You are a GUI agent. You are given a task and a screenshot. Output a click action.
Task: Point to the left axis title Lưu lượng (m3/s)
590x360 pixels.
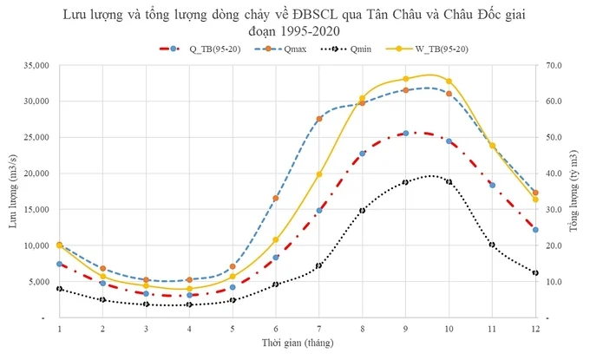pyautogui.click(x=12, y=192)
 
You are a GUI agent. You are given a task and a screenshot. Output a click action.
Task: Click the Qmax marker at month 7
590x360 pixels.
pyautogui.click(x=319, y=119)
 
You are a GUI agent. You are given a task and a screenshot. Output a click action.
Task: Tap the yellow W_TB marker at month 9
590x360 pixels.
pyautogui.click(x=406, y=79)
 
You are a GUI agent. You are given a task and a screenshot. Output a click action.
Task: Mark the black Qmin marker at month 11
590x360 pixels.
pyautogui.click(x=492, y=245)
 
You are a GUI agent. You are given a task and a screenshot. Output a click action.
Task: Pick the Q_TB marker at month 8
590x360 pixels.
pyautogui.click(x=363, y=154)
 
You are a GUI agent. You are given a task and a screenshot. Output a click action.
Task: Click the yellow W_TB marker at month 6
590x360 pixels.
pyautogui.click(x=276, y=240)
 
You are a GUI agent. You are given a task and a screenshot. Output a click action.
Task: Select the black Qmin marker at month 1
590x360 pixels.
pyautogui.click(x=59, y=289)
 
